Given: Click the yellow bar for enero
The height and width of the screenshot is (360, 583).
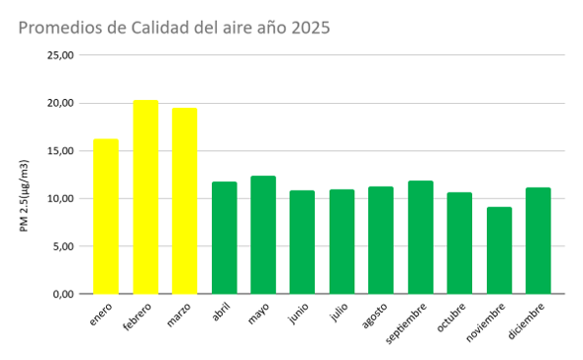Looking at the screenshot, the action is click(106, 217).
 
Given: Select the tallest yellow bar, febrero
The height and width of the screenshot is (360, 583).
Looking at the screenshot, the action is click(146, 197).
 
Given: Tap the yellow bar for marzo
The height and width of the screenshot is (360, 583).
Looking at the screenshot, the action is click(185, 201).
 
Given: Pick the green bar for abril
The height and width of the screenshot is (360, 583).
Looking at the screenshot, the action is click(225, 237).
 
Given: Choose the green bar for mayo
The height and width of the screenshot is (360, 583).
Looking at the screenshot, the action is click(263, 234).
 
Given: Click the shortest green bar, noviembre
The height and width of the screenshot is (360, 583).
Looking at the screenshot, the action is click(499, 250).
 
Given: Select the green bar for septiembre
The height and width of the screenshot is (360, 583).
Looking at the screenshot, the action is click(421, 237).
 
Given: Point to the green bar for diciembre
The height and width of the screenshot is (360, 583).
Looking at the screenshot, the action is click(538, 240).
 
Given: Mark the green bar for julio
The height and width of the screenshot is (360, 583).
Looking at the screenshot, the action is click(342, 241).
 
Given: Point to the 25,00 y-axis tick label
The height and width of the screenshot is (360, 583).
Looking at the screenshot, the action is click(60, 55).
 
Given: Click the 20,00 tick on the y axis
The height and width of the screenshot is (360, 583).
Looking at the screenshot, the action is click(60, 103).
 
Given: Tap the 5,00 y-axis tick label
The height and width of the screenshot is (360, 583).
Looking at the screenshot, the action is click(63, 246).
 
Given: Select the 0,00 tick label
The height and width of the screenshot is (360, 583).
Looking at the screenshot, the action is click(63, 295).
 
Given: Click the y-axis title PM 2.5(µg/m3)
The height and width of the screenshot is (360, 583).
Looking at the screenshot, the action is click(24, 196).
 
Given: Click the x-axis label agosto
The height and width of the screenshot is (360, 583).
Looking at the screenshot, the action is click(375, 315).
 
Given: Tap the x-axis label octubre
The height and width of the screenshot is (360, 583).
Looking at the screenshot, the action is click(451, 316).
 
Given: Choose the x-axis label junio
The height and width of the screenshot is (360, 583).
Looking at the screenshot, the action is click(299, 313).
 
